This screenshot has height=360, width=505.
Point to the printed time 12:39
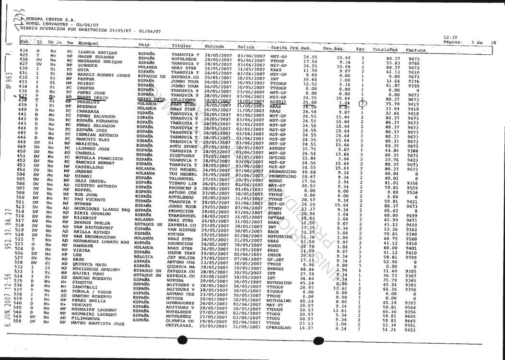click(450, 37)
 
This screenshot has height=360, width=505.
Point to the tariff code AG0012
click(278, 102)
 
